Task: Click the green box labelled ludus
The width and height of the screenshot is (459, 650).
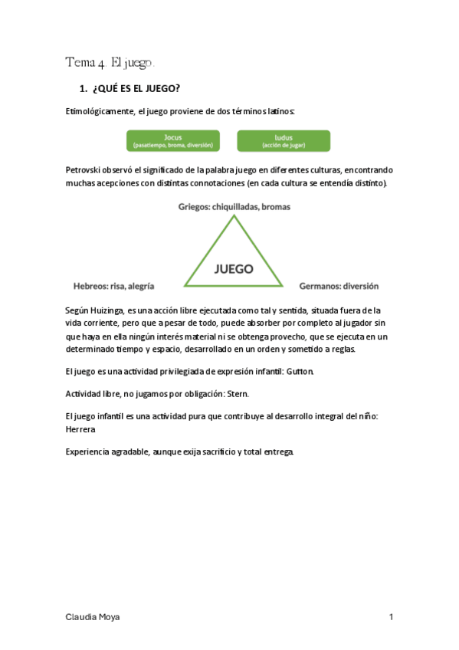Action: tap(284, 140)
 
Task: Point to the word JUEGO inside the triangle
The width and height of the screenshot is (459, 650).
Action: tap(234, 270)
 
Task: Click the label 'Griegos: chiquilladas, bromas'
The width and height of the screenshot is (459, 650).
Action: tap(234, 206)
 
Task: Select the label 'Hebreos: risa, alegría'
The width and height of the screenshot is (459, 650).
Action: tap(114, 286)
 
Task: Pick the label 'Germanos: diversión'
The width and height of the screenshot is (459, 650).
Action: tap(339, 286)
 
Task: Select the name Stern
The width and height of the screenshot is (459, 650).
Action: tap(237, 393)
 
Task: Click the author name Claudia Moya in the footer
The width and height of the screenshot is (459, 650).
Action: tap(92, 617)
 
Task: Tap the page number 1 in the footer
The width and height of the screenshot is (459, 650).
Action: tap(391, 617)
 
